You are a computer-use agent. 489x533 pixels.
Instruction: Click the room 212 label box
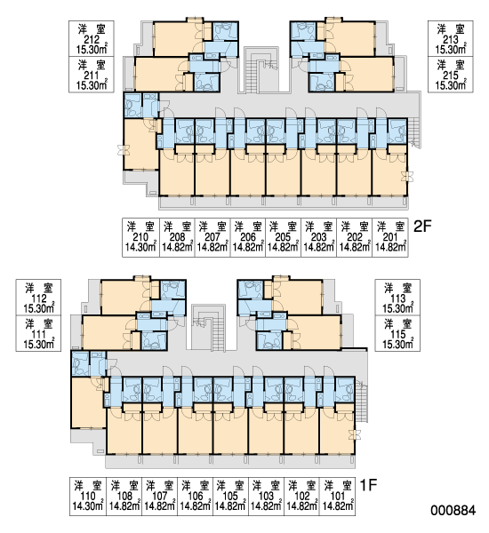click(x=92, y=38)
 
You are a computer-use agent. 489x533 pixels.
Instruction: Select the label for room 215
click(x=451, y=75)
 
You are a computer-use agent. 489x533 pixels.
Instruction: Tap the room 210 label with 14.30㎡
click(x=140, y=237)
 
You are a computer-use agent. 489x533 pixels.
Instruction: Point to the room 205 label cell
click(x=283, y=237)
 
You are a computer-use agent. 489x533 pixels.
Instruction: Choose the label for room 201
click(x=390, y=237)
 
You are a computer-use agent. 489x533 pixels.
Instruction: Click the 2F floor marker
click(x=422, y=226)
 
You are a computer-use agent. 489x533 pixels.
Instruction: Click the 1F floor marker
click(x=369, y=485)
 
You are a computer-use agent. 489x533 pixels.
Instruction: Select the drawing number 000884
click(x=453, y=510)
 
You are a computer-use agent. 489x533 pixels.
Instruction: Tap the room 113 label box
click(x=397, y=298)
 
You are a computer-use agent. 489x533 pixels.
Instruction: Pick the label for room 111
click(x=38, y=333)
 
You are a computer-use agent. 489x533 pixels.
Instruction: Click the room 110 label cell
click(x=88, y=497)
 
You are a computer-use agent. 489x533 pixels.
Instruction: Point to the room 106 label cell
click(x=196, y=497)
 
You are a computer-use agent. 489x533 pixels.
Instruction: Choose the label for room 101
click(x=338, y=497)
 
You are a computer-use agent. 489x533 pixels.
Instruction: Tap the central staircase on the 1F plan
click(x=208, y=328)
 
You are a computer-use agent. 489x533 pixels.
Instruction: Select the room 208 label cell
click(x=177, y=237)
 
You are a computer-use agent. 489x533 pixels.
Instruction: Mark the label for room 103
click(x=266, y=497)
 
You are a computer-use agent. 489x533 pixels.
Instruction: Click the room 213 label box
click(x=451, y=38)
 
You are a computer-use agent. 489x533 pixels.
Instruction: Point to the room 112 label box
click(x=38, y=298)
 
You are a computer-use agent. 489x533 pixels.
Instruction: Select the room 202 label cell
click(x=355, y=237)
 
